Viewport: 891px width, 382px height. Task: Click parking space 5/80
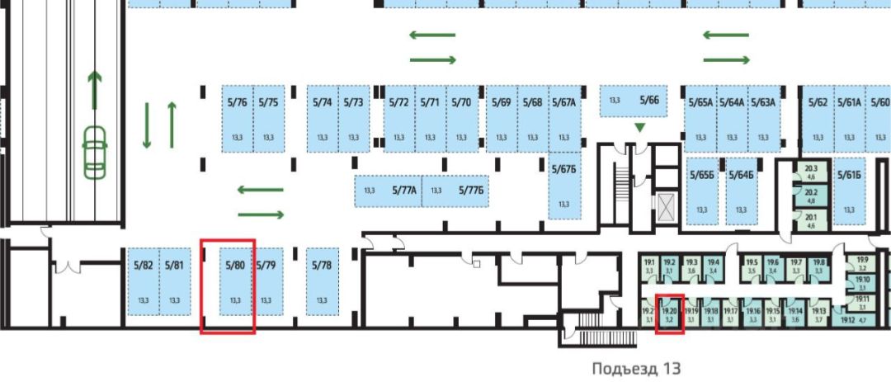point(235,281)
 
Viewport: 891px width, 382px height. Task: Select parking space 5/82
point(143,281)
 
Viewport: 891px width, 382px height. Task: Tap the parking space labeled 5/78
point(322,281)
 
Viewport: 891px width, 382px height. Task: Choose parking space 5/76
point(237,120)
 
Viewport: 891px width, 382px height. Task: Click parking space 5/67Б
point(563,186)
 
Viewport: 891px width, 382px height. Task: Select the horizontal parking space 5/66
point(633,101)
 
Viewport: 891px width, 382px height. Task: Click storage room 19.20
point(669,314)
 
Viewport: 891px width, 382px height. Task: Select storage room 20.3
point(810,171)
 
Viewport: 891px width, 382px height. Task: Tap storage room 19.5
point(752,265)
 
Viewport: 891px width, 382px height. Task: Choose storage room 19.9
point(862,262)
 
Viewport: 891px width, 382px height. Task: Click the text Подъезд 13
point(638,367)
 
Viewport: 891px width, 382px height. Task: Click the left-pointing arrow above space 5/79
point(260,190)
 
